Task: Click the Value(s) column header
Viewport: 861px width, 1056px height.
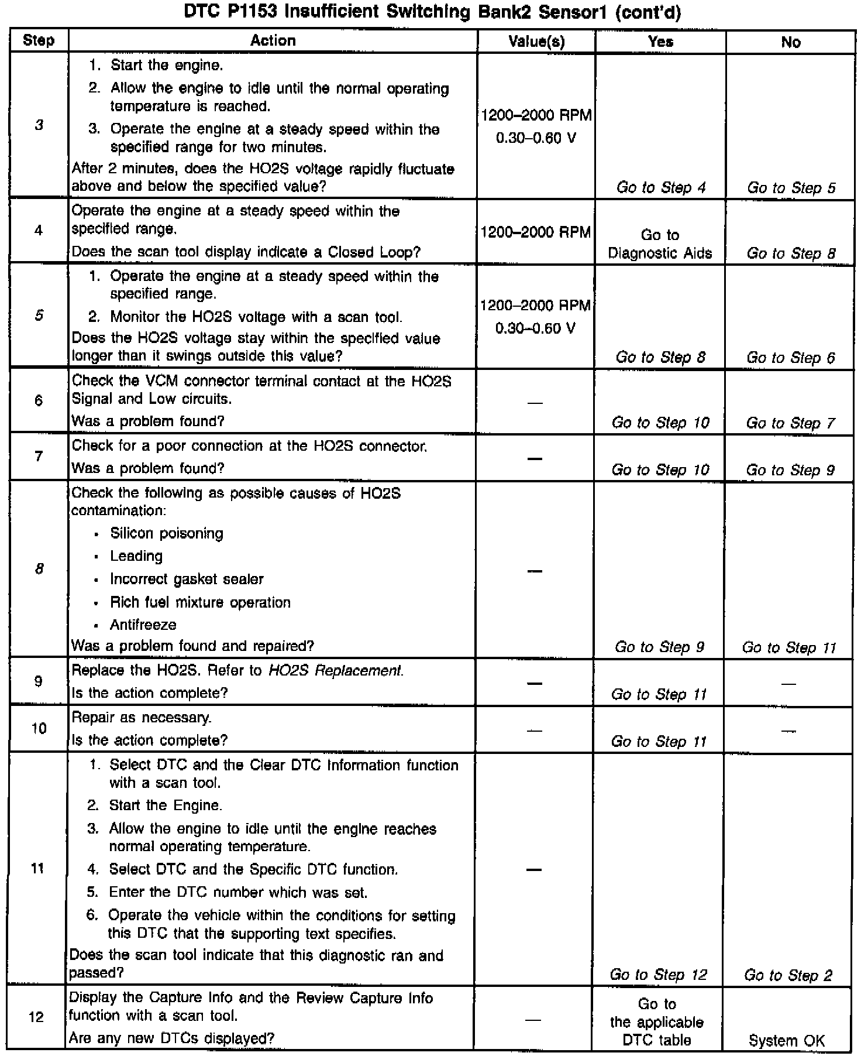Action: tap(536, 42)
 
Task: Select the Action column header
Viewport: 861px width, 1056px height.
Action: tap(273, 41)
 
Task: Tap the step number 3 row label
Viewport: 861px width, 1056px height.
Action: tap(39, 125)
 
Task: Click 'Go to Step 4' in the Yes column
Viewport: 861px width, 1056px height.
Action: tap(661, 188)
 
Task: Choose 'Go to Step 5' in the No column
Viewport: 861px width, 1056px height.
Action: tap(791, 188)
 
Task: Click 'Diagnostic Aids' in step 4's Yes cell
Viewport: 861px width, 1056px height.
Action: tap(660, 253)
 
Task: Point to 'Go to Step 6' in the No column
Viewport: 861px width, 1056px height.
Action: tap(791, 358)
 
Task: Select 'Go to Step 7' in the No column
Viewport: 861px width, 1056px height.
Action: tap(790, 423)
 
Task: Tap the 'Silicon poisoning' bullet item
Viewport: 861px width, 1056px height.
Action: tap(167, 534)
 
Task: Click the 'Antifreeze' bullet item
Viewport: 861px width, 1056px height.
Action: tap(143, 625)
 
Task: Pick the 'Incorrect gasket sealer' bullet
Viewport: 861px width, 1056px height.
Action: tap(187, 580)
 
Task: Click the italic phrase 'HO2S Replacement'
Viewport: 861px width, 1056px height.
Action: tap(335, 671)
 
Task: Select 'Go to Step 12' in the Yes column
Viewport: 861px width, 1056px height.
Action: tap(659, 975)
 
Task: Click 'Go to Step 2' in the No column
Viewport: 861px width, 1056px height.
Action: tap(788, 975)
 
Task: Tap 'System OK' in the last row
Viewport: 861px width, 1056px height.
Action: tap(787, 1040)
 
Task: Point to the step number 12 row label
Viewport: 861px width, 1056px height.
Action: tap(36, 1017)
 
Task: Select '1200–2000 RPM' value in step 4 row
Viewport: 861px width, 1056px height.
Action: tap(536, 232)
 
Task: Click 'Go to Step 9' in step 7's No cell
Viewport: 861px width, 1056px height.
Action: tap(790, 470)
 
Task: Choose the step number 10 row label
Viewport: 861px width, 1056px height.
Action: tap(39, 729)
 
